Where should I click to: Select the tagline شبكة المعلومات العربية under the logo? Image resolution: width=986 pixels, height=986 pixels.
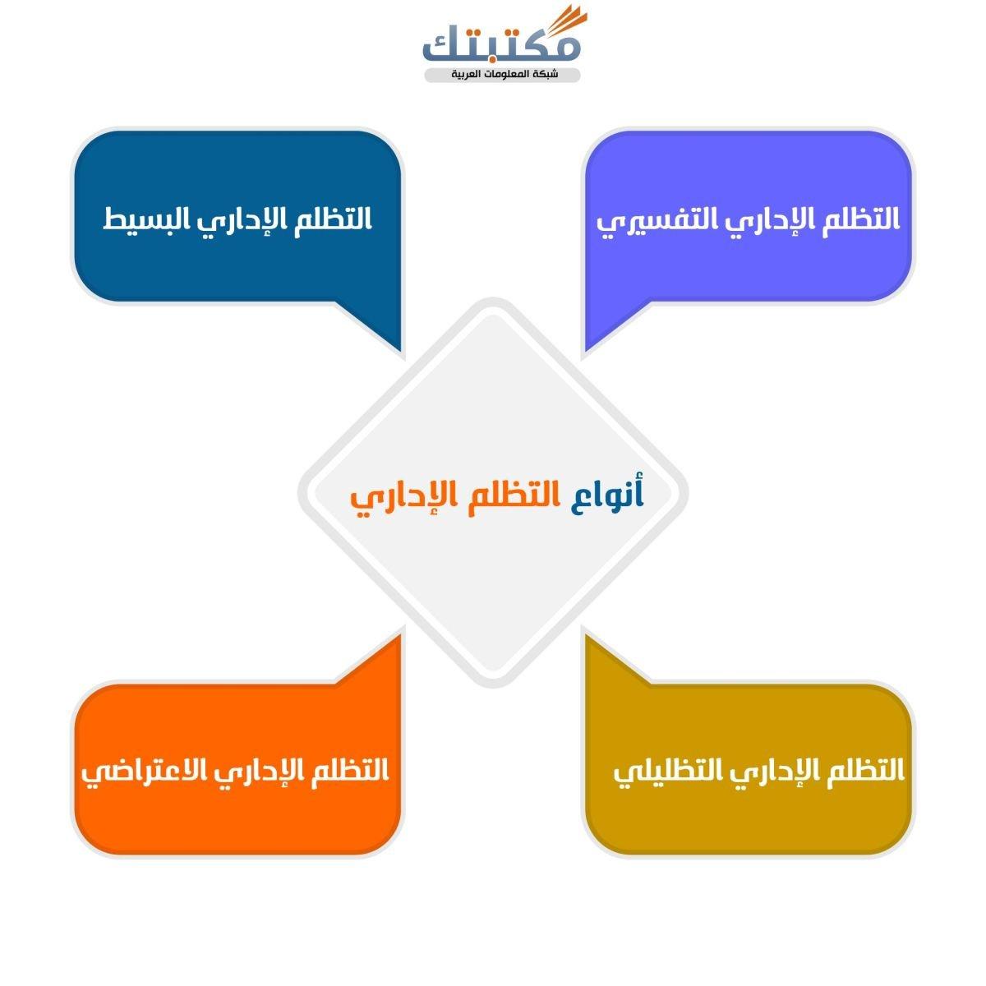(505, 75)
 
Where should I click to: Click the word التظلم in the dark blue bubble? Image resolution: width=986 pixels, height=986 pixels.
(333, 220)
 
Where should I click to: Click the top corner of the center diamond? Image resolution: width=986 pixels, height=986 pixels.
(493, 298)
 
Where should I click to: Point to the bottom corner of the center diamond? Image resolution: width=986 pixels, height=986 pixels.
(493, 688)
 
